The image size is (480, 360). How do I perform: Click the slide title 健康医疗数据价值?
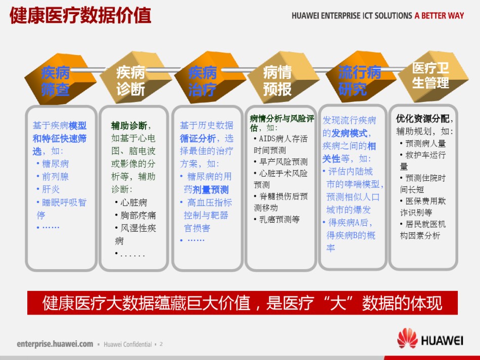coord(80,15)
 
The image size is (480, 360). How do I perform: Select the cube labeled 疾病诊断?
coord(135,77)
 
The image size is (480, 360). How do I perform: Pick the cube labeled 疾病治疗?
coord(210,77)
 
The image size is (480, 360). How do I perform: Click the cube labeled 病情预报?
coord(283,77)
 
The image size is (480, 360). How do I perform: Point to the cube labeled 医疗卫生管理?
coord(433,76)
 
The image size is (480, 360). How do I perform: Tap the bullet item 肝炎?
coord(48,189)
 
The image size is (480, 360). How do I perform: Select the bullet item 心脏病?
coord(131,202)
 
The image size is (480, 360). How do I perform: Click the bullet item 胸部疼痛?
coord(135,215)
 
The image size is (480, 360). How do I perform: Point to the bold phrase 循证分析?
coord(198,138)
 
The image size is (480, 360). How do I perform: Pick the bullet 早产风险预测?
coord(280,162)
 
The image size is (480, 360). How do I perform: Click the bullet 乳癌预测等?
coord(276,219)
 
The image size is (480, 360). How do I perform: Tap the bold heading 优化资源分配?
coord(422,118)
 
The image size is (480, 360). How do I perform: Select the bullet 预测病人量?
coord(423,143)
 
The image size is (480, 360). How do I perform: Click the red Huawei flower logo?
coord(407,338)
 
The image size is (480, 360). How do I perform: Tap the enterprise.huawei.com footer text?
coord(55,344)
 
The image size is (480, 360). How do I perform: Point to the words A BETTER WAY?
coord(439,16)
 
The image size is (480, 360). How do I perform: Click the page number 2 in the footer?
coord(161,344)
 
